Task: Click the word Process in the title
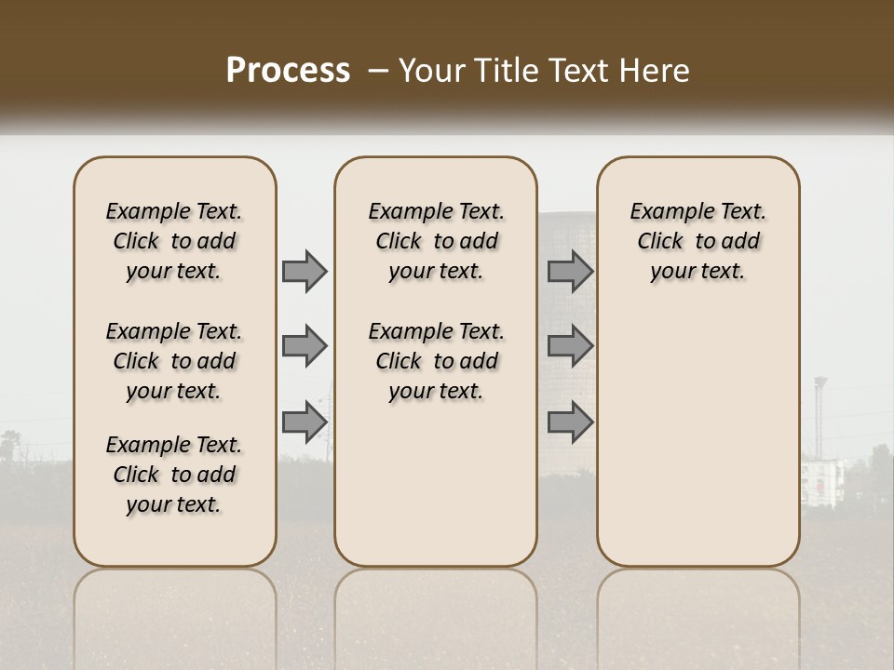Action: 288,71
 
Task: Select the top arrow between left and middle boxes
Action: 305,272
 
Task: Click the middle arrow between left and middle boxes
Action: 305,346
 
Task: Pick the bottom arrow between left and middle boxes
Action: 305,422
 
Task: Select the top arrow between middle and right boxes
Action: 570,272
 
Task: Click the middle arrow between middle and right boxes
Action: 570,346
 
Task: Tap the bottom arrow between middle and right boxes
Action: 570,422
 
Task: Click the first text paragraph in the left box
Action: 174,241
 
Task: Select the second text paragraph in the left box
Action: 174,361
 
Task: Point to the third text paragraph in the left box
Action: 174,475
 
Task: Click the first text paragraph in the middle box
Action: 437,241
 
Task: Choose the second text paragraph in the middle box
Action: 437,361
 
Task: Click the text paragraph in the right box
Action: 698,241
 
